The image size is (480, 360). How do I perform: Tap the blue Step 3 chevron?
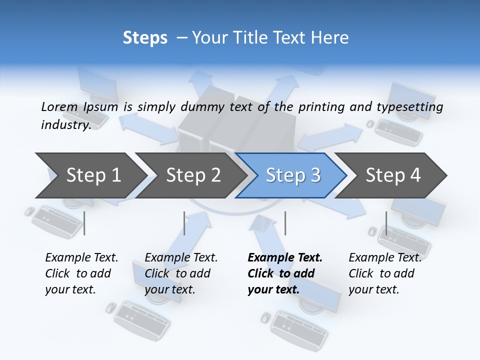[x=293, y=175]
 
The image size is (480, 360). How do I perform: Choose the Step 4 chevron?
[x=393, y=175]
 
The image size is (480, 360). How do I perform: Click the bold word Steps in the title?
[x=145, y=38]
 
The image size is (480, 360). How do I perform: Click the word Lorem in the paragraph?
[x=59, y=106]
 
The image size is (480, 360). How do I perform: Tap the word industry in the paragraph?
[x=65, y=124]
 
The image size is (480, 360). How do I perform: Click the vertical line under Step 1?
[x=84, y=223]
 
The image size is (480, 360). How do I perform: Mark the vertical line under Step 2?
[x=184, y=223]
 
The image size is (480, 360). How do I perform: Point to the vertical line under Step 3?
[x=285, y=223]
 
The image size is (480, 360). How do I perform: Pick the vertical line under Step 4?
[x=386, y=223]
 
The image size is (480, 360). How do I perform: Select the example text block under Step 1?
[x=81, y=273]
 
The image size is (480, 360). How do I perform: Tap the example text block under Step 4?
[x=385, y=273]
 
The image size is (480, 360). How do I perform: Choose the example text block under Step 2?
[x=181, y=273]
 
